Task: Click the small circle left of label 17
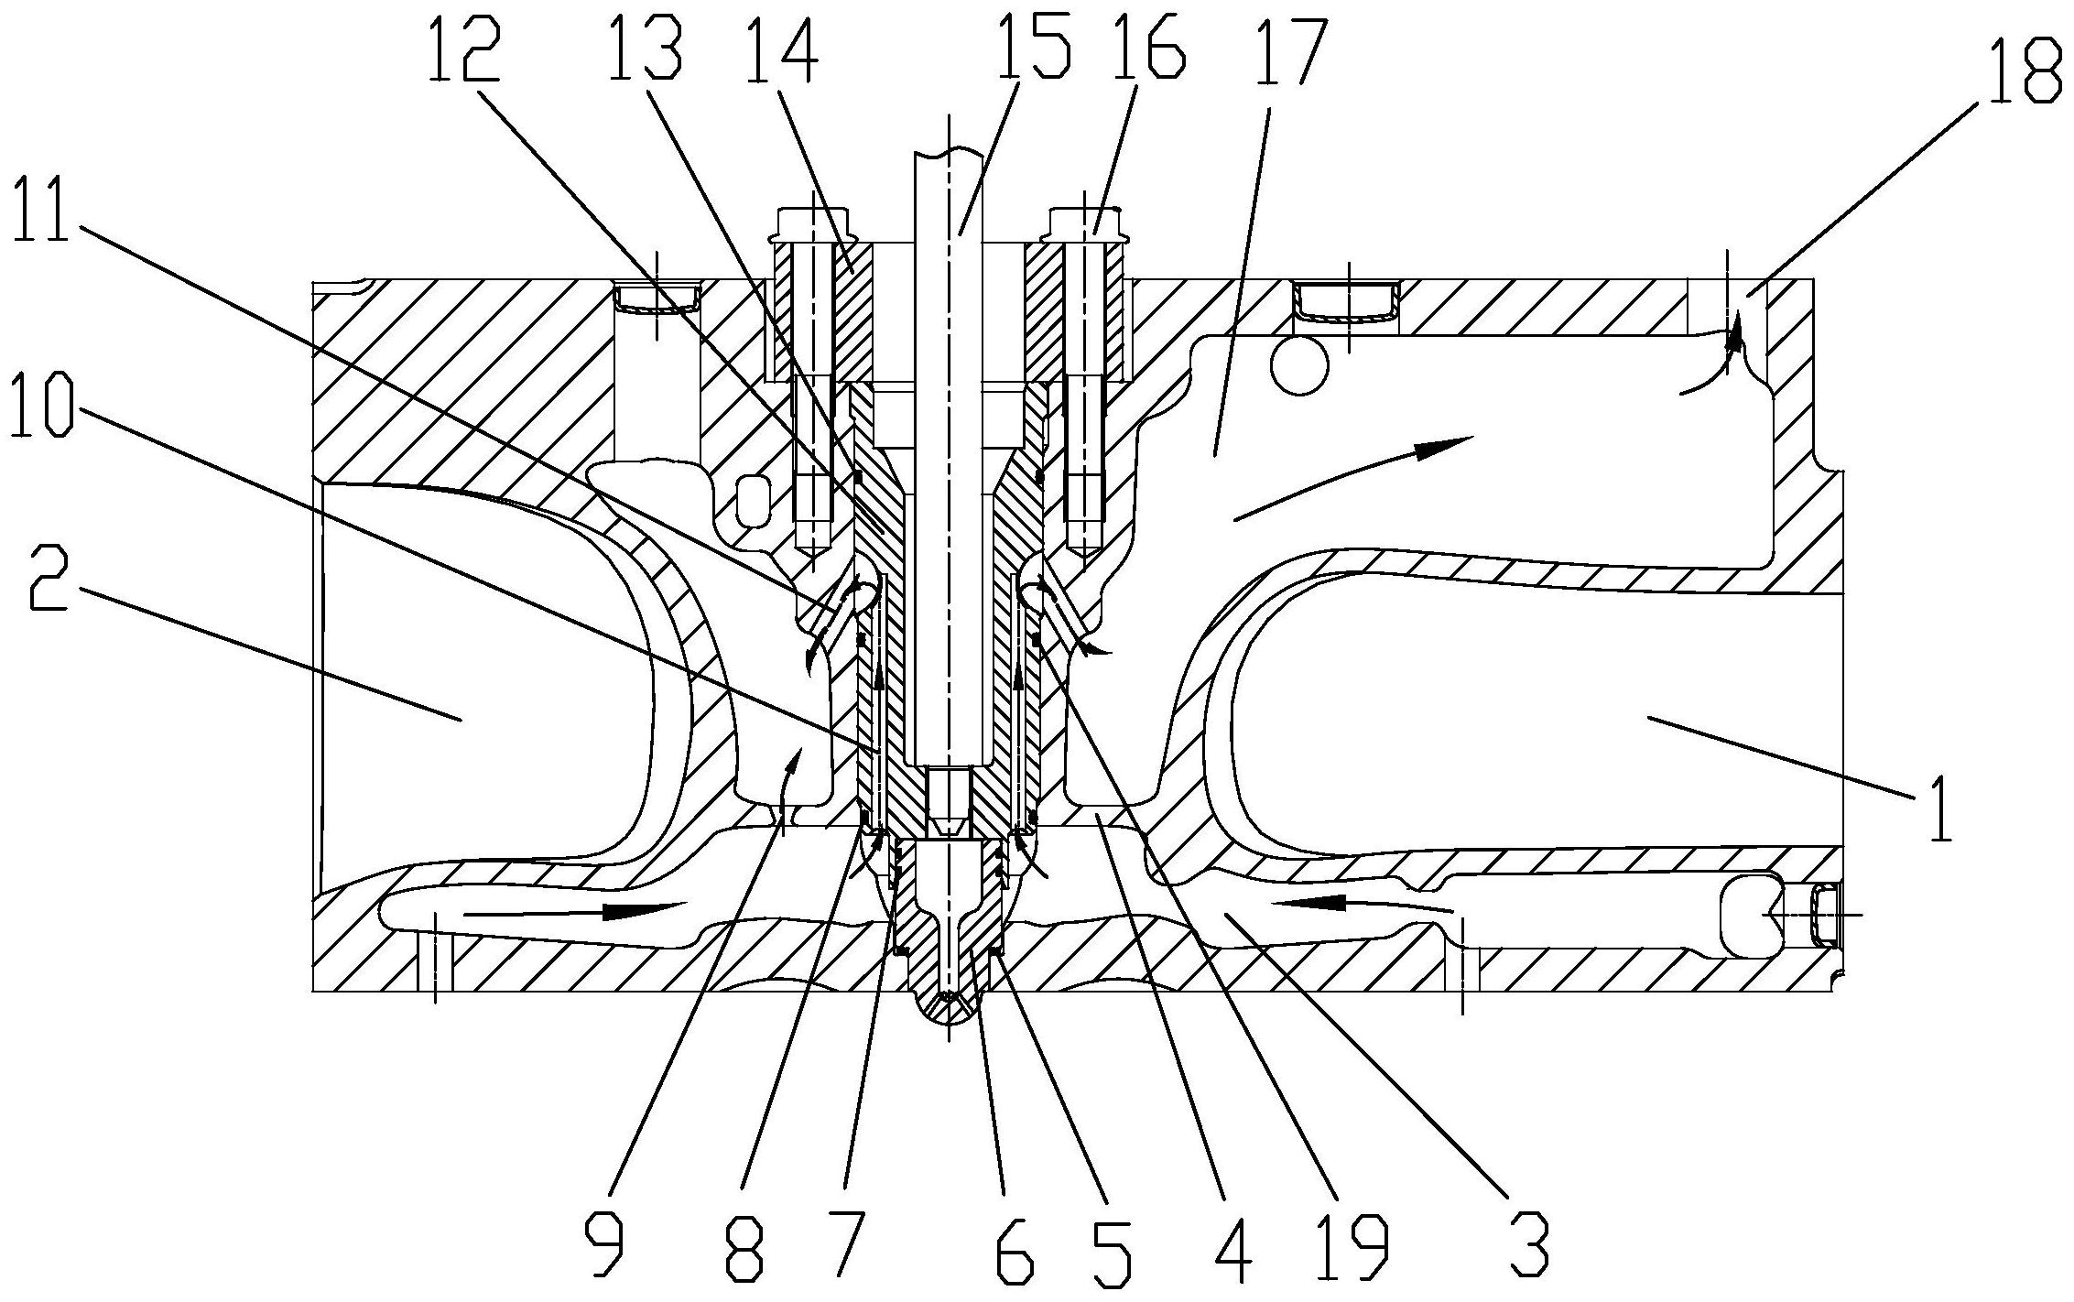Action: [1298, 366]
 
